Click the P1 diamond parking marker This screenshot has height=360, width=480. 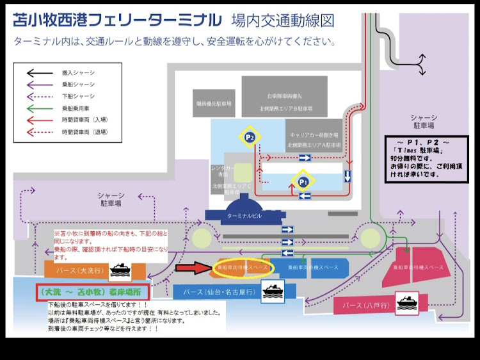(303, 181)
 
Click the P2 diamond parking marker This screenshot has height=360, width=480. (250, 136)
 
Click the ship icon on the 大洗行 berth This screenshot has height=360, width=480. (120, 271)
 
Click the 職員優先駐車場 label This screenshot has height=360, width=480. (214, 102)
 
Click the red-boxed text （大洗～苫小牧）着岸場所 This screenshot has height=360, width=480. (92, 291)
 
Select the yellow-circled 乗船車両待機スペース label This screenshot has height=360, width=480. (243, 267)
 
